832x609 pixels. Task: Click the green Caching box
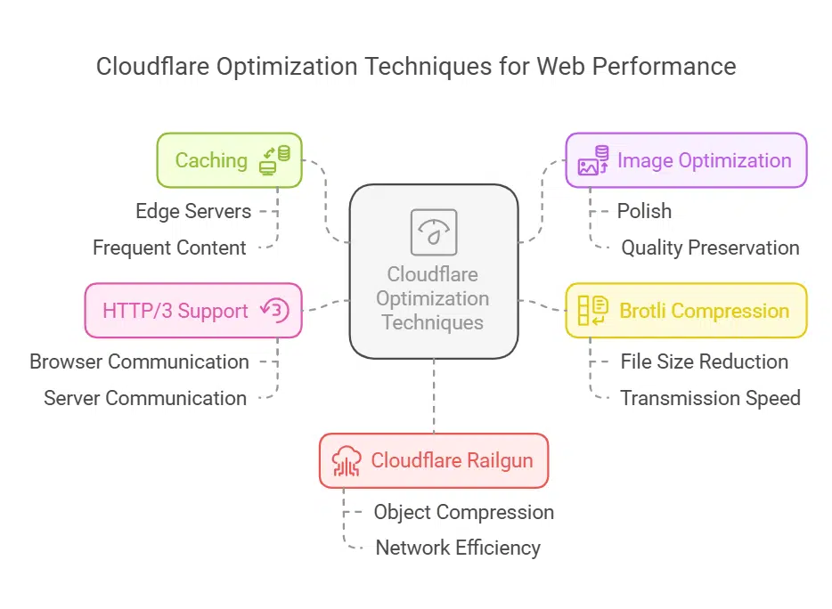pos(229,160)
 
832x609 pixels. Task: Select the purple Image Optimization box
pos(686,160)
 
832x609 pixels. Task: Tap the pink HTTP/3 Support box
pos(193,311)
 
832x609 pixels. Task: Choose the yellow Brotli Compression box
pos(686,311)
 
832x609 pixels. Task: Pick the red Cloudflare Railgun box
pos(434,460)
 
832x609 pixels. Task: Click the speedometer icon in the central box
pos(434,232)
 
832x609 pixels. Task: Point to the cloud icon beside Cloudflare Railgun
pos(347,460)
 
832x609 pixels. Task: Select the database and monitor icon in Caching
pos(274,160)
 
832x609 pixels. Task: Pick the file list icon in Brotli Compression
pos(593,311)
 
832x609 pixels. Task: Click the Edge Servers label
pos(193,211)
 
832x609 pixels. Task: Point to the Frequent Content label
pos(169,248)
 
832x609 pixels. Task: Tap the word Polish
pos(644,211)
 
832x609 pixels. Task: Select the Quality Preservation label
pos(710,248)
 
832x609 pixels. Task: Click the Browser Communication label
pos(139,361)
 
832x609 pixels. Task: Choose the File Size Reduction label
pos(704,361)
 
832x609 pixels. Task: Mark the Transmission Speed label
pos(710,398)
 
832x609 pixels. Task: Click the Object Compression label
pos(463,512)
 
